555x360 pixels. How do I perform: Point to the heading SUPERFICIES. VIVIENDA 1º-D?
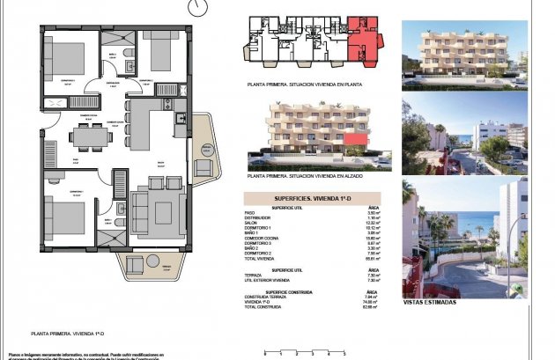coord(311,200)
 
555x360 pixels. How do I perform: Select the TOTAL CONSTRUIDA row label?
coord(263,306)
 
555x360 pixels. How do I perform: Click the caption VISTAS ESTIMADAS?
coord(429,302)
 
